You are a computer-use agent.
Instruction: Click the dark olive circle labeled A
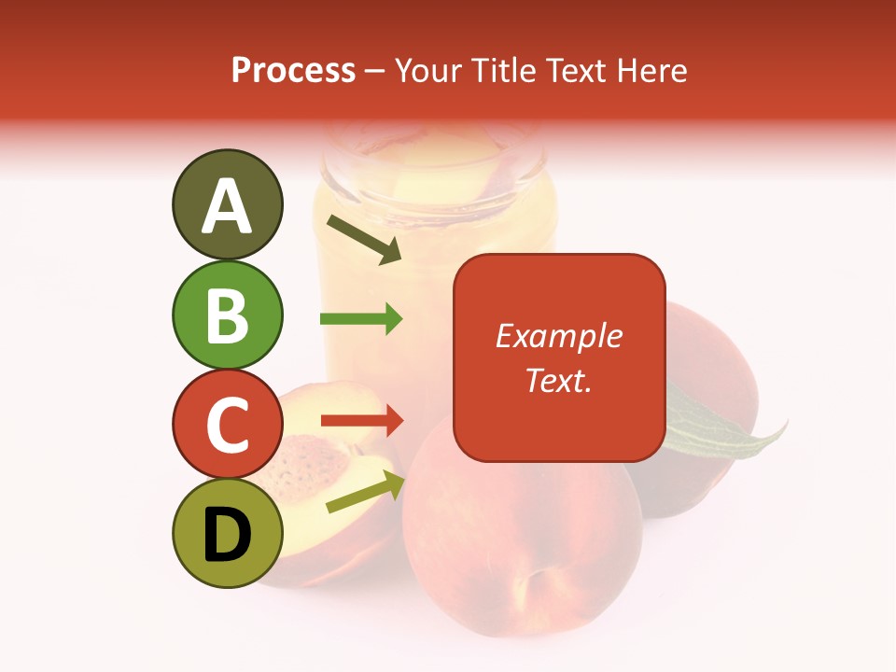coord(227,204)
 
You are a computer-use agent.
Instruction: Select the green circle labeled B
coord(227,315)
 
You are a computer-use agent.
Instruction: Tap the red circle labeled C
coord(227,425)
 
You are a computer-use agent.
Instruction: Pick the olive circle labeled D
coord(227,534)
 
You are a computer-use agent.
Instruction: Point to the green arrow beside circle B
coord(361,319)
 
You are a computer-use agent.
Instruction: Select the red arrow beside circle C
coord(361,421)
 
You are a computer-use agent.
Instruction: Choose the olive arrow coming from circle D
coord(364,493)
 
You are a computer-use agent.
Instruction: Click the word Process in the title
coord(293,71)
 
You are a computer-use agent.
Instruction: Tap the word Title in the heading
coord(501,71)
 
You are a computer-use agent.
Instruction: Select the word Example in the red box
coord(559,336)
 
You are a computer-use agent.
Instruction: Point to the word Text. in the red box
coord(559,380)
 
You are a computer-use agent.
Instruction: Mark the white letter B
coord(227,315)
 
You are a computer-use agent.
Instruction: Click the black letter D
coord(227,534)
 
